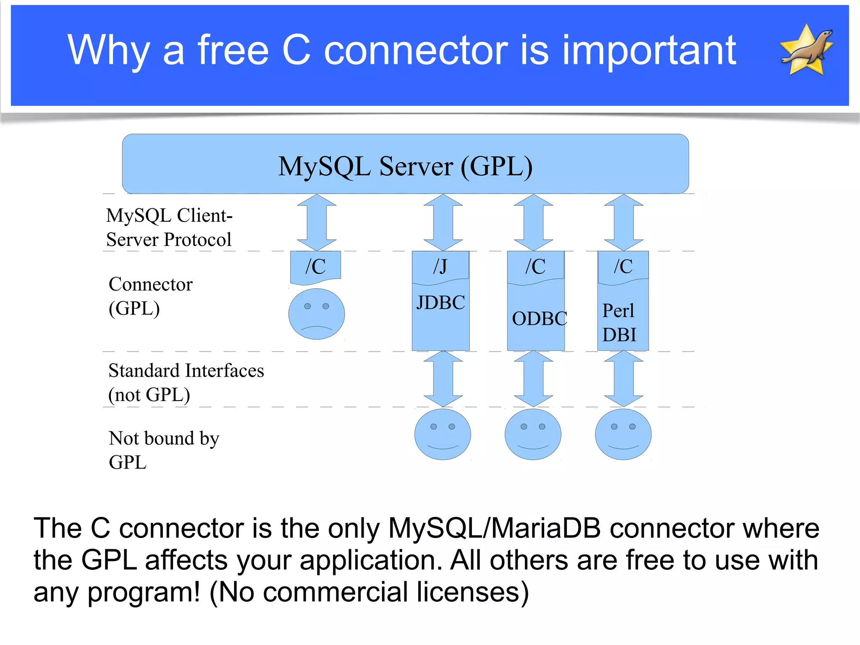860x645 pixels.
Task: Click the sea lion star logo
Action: tap(807, 50)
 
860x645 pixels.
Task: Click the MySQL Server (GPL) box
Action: tap(405, 164)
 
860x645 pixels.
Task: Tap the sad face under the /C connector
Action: tap(317, 314)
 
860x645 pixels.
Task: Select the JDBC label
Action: tap(440, 303)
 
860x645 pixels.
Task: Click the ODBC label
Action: tap(539, 319)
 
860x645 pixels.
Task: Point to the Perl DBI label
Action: tap(619, 322)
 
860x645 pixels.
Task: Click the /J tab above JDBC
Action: tap(440, 266)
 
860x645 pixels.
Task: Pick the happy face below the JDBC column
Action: tap(443, 434)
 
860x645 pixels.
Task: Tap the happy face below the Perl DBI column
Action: tap(623, 434)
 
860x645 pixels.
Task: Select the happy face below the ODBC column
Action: tap(533, 434)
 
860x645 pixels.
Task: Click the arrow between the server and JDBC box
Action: tap(443, 222)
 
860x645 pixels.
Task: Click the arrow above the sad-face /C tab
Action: tap(317, 222)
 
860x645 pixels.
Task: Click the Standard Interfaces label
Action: tap(186, 371)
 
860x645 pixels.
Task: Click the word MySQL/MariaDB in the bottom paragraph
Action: tap(494, 528)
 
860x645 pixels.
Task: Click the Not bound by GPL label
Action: tap(163, 450)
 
